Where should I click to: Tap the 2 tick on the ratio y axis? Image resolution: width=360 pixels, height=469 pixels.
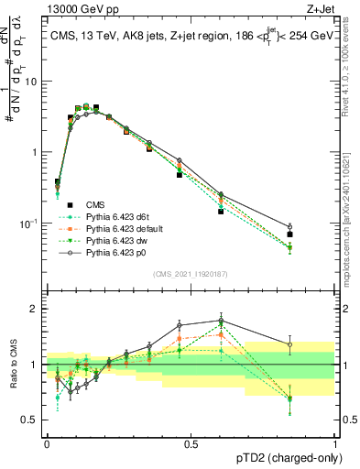(x=36, y=309)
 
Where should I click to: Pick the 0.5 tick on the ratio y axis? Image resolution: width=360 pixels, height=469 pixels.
(x=32, y=419)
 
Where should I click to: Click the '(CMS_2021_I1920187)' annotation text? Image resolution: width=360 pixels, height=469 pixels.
(x=191, y=274)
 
